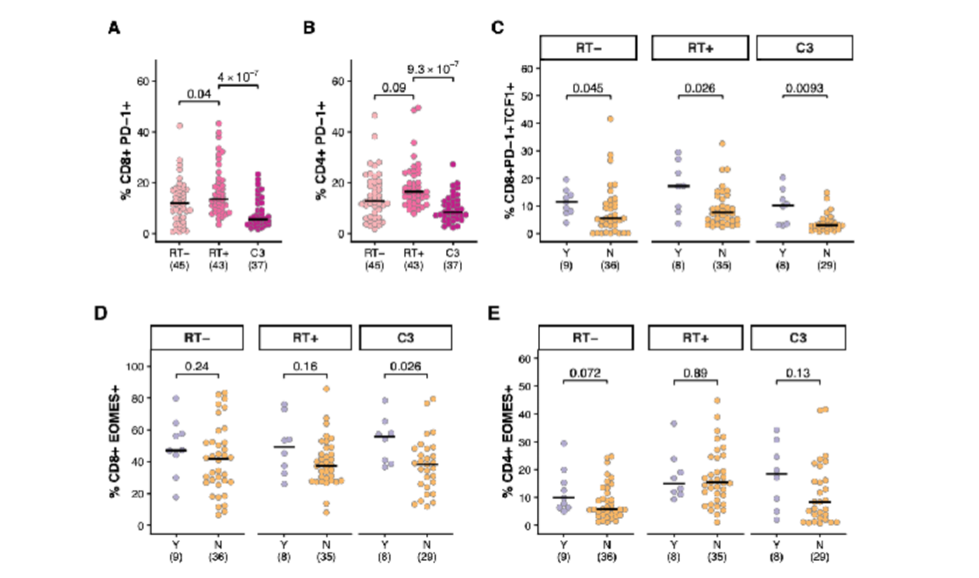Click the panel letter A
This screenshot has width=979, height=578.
[114, 28]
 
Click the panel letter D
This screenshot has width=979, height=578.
[100, 313]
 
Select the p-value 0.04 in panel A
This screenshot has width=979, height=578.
[199, 94]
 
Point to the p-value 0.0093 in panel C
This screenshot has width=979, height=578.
[805, 88]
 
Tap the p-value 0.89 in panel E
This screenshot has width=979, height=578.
[695, 374]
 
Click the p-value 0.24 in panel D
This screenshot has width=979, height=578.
[197, 367]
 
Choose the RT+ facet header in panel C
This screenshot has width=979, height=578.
[700, 48]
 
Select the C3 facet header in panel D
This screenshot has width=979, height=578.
[405, 337]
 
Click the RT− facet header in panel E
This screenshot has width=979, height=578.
[586, 337]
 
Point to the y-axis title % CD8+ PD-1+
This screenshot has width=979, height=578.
[126, 151]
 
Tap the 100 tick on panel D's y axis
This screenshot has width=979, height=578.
[135, 367]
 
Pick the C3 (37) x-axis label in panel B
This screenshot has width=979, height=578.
[452, 259]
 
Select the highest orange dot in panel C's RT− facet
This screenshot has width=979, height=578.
[610, 119]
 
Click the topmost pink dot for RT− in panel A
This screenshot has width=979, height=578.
[180, 126]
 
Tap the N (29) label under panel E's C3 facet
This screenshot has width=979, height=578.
[820, 551]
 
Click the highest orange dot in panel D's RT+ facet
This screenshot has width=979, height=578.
[326, 389]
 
